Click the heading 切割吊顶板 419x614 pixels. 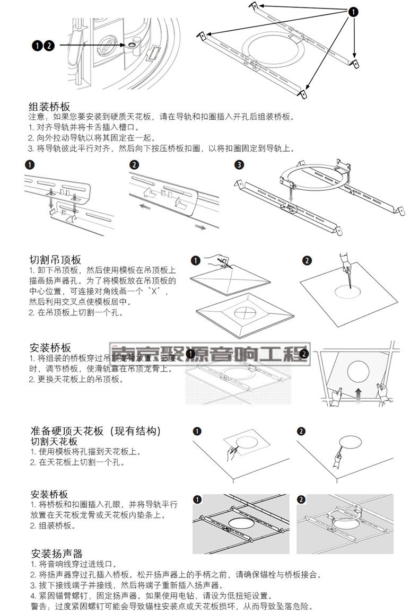55,260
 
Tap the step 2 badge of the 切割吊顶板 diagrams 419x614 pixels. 307,260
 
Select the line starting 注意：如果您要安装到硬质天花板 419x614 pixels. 160,117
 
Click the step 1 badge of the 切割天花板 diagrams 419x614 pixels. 197,431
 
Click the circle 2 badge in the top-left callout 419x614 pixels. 49,46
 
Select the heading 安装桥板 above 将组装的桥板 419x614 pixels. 50,348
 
